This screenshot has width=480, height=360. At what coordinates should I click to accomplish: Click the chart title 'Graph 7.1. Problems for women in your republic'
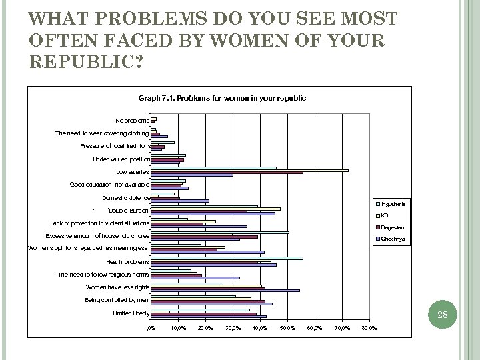(222, 98)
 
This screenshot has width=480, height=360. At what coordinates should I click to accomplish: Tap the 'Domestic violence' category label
(125, 198)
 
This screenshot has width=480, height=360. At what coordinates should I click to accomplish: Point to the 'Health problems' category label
(128, 261)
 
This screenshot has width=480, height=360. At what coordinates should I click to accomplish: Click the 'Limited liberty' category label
(131, 313)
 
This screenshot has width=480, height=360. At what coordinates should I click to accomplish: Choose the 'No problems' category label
(132, 121)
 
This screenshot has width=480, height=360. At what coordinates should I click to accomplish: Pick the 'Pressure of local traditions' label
(115, 146)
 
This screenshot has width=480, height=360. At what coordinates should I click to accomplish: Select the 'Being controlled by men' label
(117, 300)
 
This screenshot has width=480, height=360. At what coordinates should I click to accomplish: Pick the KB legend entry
(387, 215)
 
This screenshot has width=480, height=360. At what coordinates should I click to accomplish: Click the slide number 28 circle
(441, 315)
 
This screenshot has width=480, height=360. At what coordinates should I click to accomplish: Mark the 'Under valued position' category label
(121, 159)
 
